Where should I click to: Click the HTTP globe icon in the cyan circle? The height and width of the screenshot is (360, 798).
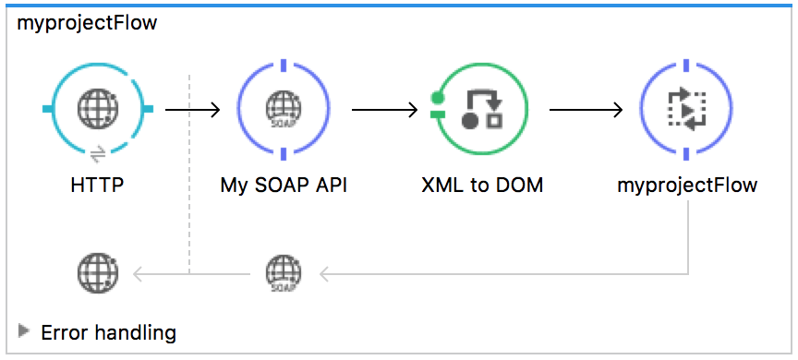click(97, 110)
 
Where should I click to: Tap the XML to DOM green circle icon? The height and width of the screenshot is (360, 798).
click(481, 110)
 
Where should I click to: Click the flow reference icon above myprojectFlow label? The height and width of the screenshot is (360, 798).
click(686, 110)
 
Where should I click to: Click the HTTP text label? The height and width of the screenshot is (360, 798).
click(97, 185)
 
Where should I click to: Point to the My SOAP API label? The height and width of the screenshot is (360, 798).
click(284, 185)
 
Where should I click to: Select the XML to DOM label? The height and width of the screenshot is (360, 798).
click(481, 185)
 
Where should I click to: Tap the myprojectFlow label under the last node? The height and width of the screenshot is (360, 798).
click(687, 185)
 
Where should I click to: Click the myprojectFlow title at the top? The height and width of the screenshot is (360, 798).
click(87, 23)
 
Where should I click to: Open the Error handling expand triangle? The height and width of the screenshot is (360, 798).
click(24, 330)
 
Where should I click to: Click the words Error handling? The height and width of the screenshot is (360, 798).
click(108, 331)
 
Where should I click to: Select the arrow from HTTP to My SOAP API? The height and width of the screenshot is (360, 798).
click(192, 110)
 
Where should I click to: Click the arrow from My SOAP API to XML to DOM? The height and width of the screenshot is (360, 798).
click(384, 110)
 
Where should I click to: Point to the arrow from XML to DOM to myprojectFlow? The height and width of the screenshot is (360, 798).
click(585, 110)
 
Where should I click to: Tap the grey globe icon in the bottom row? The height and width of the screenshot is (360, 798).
click(97, 272)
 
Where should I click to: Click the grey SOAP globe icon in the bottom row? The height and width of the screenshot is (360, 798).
click(283, 273)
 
